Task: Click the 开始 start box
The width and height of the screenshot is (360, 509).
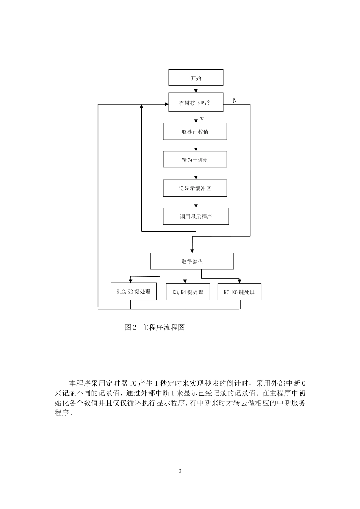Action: click(196, 78)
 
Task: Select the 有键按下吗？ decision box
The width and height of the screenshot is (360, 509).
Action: click(196, 103)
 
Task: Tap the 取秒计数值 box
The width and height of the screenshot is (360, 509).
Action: click(195, 131)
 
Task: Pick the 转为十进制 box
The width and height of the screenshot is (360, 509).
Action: click(195, 159)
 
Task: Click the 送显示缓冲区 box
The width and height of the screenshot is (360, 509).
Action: click(195, 188)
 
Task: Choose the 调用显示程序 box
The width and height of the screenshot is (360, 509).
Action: click(196, 216)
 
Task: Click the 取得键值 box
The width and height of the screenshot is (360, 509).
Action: click(192, 261)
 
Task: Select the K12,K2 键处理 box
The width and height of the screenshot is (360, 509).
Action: click(133, 291)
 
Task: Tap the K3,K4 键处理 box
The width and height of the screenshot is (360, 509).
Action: click(188, 292)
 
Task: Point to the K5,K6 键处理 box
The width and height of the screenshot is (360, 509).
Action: click(239, 292)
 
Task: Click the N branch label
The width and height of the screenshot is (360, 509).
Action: click(235, 100)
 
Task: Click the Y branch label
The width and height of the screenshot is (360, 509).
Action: click(202, 120)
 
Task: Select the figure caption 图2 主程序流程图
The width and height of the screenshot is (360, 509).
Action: click(155, 327)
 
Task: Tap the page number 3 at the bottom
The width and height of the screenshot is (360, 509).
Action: click(180, 471)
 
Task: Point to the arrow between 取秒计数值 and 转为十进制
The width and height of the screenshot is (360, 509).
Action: click(196, 145)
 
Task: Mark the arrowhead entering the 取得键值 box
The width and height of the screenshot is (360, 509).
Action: click(192, 250)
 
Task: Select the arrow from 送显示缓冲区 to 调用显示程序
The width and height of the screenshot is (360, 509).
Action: click(196, 202)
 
